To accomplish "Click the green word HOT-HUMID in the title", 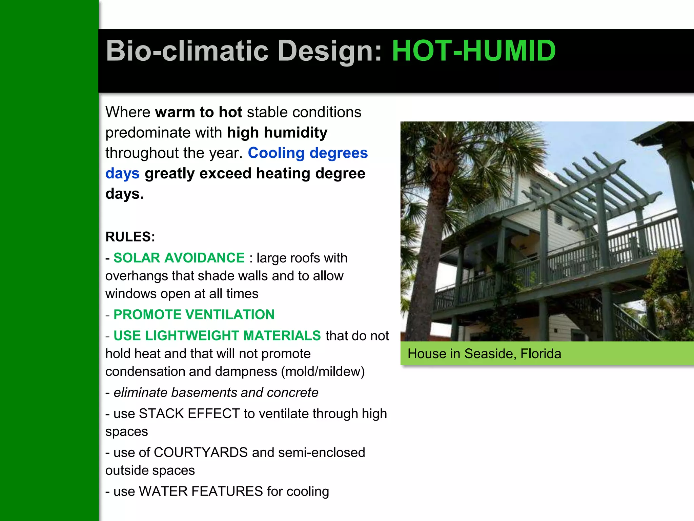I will point(473,51).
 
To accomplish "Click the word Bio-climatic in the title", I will point(187,51).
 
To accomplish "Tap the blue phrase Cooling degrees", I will point(308,153).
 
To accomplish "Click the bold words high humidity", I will point(277,133).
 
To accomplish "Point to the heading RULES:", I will point(130,237).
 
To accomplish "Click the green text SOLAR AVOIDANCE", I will point(179,258).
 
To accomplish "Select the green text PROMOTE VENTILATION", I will point(194,314).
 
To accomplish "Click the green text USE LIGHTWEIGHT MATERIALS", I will point(217,335).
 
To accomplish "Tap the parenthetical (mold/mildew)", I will point(323,371).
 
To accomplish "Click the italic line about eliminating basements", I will point(216,392).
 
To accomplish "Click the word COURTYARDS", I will point(201,452).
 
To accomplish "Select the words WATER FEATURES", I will point(201,491).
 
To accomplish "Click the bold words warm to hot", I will point(199,112).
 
